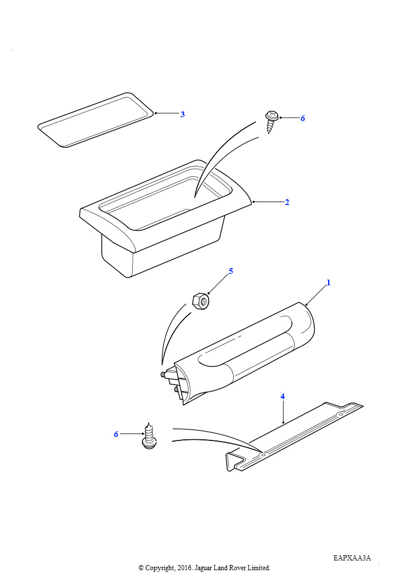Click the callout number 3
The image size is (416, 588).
(182, 114)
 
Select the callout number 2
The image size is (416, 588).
(287, 202)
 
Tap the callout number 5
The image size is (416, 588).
(230, 271)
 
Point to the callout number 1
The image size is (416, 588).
(329, 283)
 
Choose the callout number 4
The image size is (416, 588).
(283, 396)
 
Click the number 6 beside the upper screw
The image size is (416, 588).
(302, 118)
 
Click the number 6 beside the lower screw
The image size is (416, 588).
(116, 434)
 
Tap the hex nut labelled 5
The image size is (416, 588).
(201, 301)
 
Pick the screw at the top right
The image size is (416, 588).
(272, 122)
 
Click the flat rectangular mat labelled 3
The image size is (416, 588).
(96, 119)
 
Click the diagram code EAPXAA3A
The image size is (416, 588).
(352, 558)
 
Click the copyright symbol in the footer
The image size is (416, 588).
(141, 568)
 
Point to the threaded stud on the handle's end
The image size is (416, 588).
(164, 374)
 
